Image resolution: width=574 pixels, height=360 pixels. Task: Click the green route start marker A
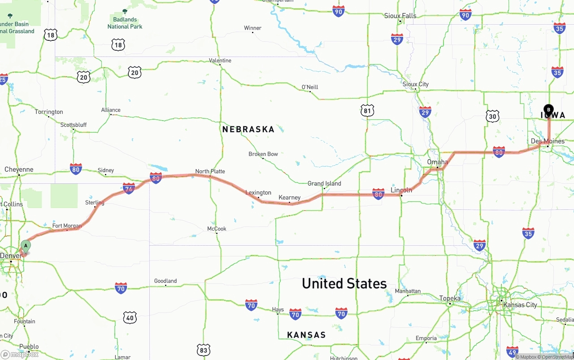[26, 246]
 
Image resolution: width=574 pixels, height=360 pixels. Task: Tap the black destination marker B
[548, 109]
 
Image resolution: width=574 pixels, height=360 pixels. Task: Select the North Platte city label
[210, 171]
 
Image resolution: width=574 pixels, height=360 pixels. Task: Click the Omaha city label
[437, 162]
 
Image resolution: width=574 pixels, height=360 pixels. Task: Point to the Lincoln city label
[401, 190]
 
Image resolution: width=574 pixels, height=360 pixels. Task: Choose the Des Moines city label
[548, 141]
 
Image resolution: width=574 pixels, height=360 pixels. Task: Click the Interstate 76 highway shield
[129, 188]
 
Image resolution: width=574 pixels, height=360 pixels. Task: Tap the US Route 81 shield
[367, 110]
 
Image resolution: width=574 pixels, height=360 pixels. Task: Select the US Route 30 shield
[492, 117]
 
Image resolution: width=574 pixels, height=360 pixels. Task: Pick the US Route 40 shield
[130, 318]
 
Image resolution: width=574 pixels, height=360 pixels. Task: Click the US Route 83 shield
[203, 350]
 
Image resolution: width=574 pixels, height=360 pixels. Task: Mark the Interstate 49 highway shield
[512, 351]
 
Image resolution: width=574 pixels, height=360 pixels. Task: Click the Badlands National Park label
[125, 22]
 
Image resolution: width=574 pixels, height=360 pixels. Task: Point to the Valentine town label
[220, 61]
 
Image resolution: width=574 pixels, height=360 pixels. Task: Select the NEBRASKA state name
[248, 130]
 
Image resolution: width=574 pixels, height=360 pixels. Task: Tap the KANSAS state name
[306, 335]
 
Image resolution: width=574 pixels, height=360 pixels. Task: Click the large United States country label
[344, 283]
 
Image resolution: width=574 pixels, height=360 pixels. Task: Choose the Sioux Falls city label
[400, 16]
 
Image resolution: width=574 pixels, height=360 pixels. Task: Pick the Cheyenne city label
[19, 169]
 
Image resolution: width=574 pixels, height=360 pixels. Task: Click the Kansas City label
[520, 305]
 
